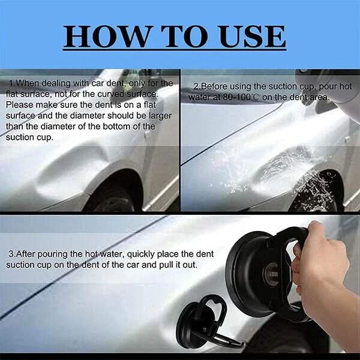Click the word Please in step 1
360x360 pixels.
[x=20, y=104]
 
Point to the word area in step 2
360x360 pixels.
[x=318, y=97]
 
